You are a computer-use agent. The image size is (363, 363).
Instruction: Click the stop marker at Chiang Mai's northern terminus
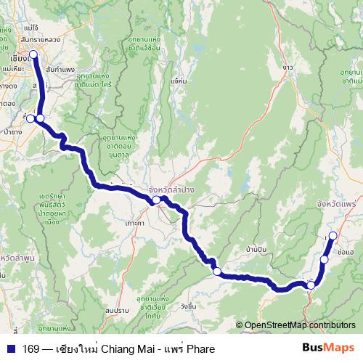point(33,54)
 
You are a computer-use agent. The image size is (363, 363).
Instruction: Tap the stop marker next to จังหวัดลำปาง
point(155,200)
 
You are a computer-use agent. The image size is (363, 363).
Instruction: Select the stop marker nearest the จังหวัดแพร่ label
point(333,235)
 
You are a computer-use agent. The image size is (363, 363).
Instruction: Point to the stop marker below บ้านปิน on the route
point(216,272)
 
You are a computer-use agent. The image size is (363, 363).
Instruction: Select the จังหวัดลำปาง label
point(174,189)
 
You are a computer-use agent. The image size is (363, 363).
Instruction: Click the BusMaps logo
point(328,348)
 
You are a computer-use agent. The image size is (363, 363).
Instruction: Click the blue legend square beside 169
point(10,348)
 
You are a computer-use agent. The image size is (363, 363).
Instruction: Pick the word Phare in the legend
point(200,348)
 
